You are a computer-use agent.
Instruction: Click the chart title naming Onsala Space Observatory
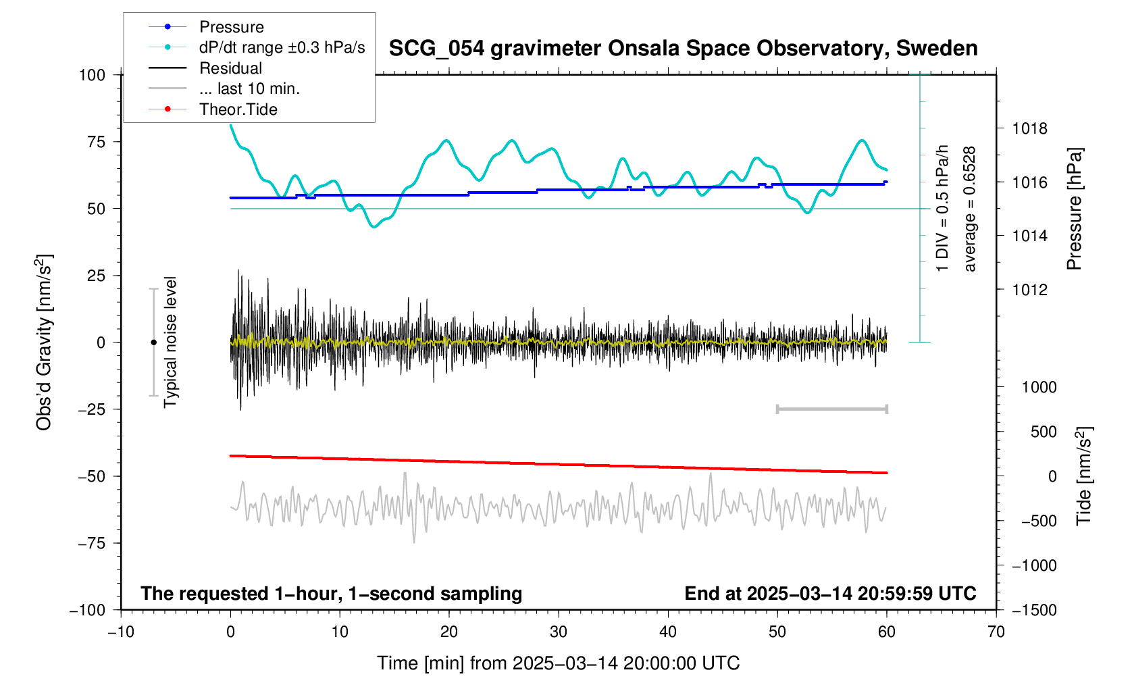[683, 49]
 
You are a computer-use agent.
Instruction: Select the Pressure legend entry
[231, 27]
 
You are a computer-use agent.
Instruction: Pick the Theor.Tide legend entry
[238, 109]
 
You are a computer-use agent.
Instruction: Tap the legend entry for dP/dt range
[282, 47]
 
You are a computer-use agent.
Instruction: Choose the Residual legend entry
[230, 68]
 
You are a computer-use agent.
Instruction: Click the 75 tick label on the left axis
[92, 142]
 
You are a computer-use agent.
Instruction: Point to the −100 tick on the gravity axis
[88, 610]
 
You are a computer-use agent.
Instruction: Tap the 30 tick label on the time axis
[559, 632]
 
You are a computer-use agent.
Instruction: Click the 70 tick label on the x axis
[996, 632]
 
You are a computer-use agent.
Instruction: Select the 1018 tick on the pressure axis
[1029, 128]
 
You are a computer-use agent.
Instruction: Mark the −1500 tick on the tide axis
[1033, 610]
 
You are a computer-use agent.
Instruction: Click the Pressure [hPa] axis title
[1074, 209]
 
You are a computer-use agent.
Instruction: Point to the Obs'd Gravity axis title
[45, 342]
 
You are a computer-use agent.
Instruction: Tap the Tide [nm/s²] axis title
[1083, 476]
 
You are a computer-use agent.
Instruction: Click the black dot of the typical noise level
[153, 342]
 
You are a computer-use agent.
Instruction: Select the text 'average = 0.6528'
[970, 209]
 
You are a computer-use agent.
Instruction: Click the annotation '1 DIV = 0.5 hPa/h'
[942, 208]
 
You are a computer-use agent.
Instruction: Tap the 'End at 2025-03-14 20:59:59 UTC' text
[830, 594]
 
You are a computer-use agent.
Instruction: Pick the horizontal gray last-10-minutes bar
[831, 409]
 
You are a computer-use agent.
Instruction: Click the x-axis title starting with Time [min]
[558, 663]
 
